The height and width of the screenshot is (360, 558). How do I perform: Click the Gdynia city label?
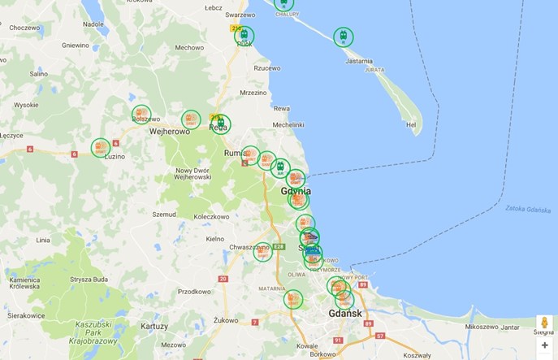coord(296,191)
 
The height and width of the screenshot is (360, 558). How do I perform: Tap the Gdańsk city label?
coord(345,314)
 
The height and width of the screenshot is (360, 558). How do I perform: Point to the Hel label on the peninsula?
coord(411,125)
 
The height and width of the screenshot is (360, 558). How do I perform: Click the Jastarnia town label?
coord(359,61)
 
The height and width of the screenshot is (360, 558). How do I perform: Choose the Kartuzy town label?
coord(154,326)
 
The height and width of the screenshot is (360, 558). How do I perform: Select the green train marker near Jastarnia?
coord(344,37)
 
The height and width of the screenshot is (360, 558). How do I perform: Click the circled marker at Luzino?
coord(101,147)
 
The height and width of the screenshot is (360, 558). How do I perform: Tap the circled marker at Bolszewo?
coord(141,115)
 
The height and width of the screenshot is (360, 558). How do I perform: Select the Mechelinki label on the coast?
coord(288,124)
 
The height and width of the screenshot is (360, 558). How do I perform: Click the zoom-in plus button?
coord(544,345)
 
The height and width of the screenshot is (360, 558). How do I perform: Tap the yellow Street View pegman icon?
coord(544,323)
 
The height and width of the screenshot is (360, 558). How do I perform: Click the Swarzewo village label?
coord(240,15)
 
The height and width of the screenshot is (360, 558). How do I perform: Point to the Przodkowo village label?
coord(194,291)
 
